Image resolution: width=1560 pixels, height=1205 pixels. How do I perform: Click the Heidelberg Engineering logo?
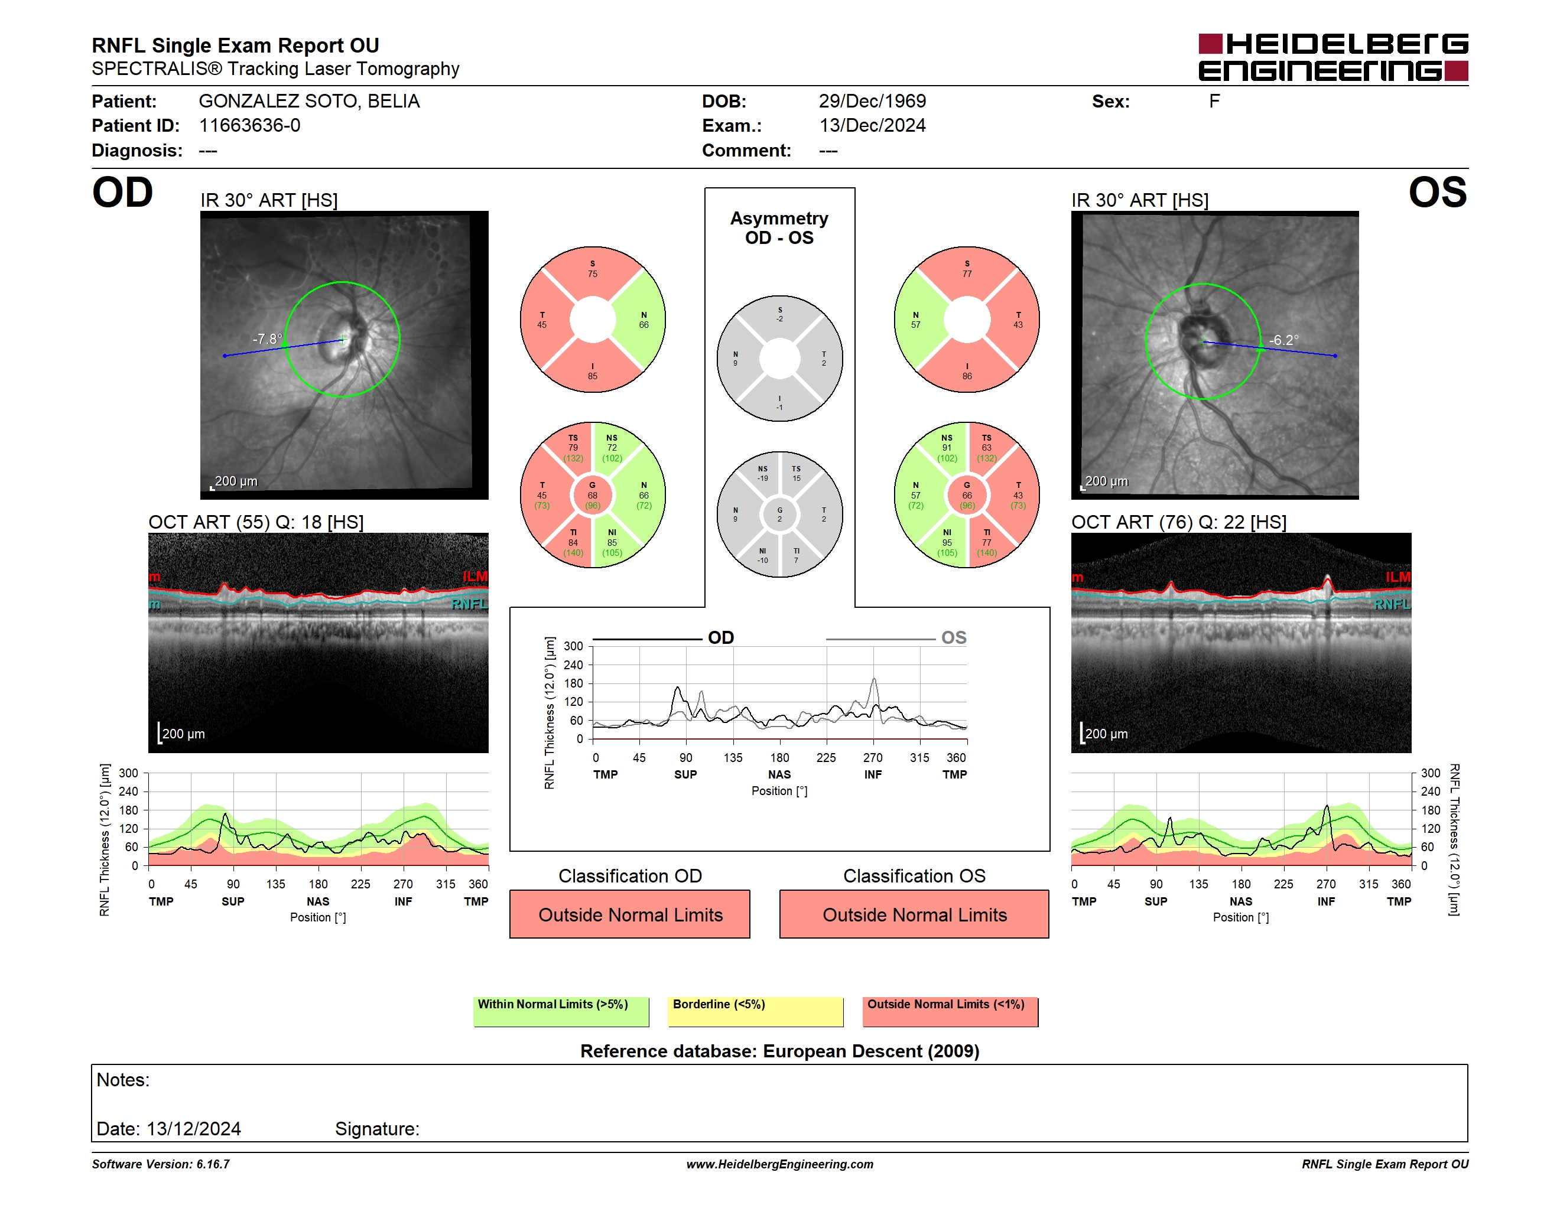tap(1333, 57)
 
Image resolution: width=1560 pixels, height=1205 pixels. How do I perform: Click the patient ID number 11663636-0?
tap(249, 126)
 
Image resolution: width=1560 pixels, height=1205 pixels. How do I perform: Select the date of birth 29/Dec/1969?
tap(872, 102)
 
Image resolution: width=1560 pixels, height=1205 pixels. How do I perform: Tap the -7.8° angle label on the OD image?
tap(267, 338)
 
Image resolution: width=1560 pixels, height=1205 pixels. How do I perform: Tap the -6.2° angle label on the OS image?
tap(1283, 340)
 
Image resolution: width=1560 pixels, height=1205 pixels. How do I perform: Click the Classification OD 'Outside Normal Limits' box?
tap(630, 914)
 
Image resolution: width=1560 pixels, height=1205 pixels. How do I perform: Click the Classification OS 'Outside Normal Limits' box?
tap(914, 914)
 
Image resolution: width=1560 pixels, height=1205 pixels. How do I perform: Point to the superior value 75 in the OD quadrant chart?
tap(593, 274)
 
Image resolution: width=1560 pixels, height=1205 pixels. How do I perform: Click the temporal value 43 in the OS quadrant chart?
tap(1018, 325)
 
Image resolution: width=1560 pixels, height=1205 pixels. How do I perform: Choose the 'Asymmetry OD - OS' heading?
tap(779, 228)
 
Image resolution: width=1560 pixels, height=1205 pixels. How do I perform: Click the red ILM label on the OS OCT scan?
tap(1398, 577)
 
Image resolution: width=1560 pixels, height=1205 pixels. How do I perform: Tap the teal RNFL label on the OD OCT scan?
tap(469, 604)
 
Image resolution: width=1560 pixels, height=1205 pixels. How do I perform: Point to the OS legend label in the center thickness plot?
tap(954, 637)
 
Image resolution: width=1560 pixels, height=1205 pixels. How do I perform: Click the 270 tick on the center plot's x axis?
tap(873, 757)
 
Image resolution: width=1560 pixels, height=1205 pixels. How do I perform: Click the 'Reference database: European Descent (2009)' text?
tap(779, 1051)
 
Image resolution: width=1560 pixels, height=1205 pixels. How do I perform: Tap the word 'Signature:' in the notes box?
tap(377, 1129)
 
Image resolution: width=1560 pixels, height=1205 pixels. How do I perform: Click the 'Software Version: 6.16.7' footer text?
tap(161, 1164)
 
